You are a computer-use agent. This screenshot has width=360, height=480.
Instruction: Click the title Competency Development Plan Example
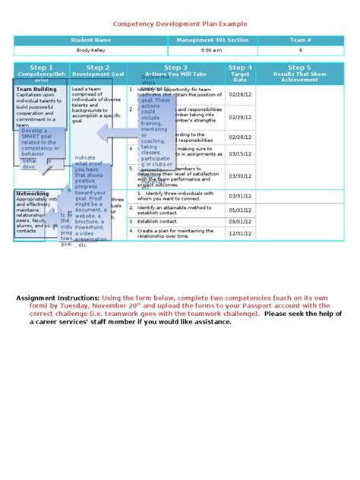(180, 24)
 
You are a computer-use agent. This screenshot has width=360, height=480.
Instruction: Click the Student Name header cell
(90, 39)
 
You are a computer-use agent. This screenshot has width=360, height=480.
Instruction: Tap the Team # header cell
(300, 39)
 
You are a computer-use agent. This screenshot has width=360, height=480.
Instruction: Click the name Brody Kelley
(90, 50)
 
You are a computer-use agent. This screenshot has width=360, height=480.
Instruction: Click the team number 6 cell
(300, 50)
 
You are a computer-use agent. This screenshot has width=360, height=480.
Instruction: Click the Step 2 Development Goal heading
(97, 71)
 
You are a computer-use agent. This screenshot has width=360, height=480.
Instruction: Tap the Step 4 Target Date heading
(240, 72)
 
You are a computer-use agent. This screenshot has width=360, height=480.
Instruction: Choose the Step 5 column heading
(299, 72)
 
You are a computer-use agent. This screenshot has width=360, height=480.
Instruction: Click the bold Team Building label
(36, 89)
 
